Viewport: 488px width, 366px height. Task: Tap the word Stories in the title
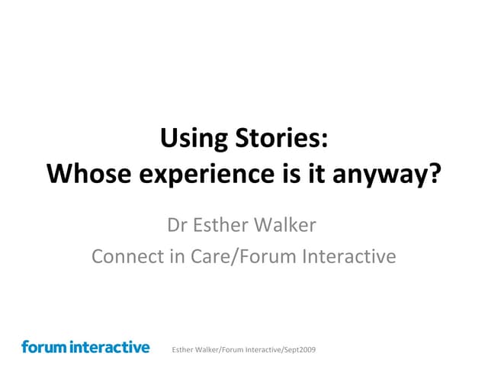(278, 139)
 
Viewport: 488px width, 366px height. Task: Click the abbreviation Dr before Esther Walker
(177, 226)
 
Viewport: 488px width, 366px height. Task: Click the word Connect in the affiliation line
(126, 256)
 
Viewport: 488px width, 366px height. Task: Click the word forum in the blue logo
(43, 347)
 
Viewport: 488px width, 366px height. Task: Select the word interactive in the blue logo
(110, 347)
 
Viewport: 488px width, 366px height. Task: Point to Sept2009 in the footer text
(299, 349)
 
